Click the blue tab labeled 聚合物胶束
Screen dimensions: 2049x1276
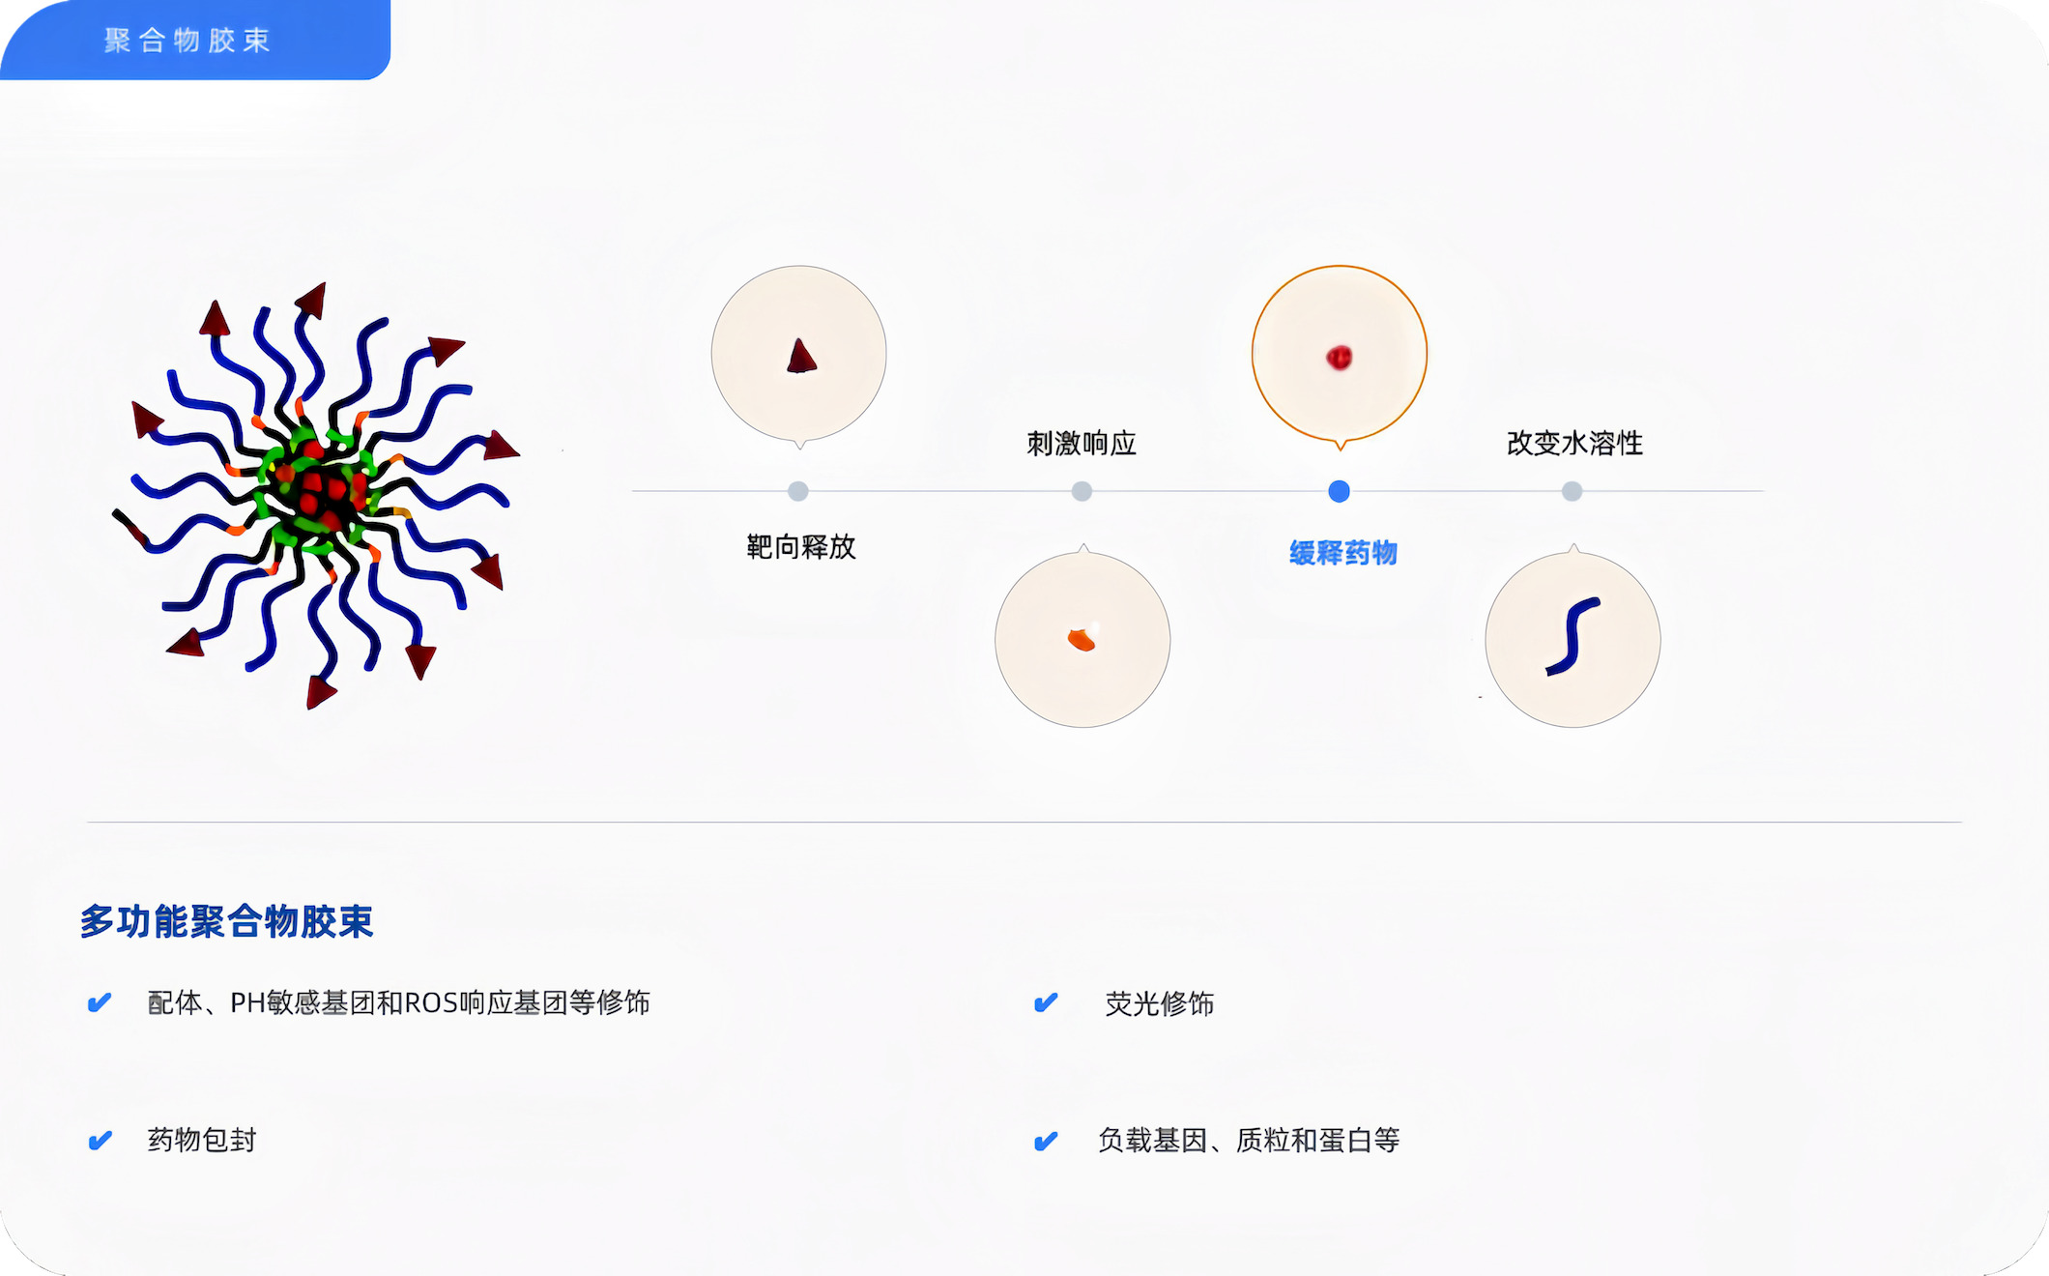pyautogui.click(x=193, y=40)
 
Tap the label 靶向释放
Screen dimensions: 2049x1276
pyautogui.click(x=801, y=547)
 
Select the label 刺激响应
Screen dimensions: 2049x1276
pyautogui.click(x=1082, y=444)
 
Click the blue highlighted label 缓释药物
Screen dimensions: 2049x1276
pyautogui.click(x=1343, y=553)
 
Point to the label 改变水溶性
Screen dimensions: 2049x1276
pyautogui.click(x=1574, y=444)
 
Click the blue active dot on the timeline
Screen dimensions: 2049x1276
pyautogui.click(x=1339, y=491)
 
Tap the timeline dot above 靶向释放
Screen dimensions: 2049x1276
pyautogui.click(x=797, y=491)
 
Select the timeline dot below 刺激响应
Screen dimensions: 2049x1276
pyautogui.click(x=1082, y=491)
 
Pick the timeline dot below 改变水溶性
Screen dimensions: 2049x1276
pyautogui.click(x=1572, y=491)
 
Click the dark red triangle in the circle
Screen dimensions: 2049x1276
pyautogui.click(x=801, y=357)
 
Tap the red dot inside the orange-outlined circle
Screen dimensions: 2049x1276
pyautogui.click(x=1339, y=358)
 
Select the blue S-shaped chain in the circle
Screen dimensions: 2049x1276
pyautogui.click(x=1573, y=636)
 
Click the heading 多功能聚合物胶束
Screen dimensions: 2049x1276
pyautogui.click(x=226, y=921)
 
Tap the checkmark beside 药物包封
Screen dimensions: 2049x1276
pyautogui.click(x=100, y=1141)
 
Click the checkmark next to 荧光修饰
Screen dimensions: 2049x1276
pyautogui.click(x=1046, y=1002)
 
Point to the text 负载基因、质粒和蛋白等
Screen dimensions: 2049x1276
pyautogui.click(x=1249, y=1141)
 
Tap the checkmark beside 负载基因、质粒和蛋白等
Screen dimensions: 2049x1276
pyautogui.click(x=1046, y=1141)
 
